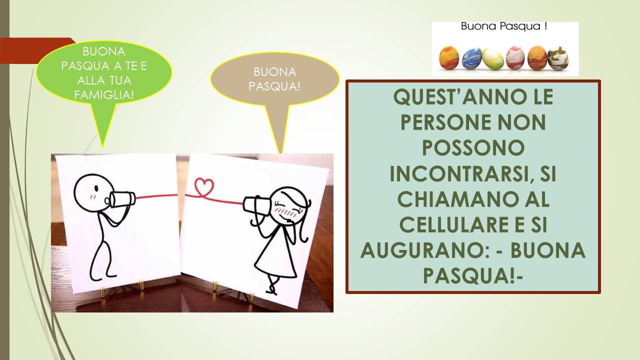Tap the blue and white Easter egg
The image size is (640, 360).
(x=471, y=58)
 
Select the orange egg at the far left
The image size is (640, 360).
(x=449, y=57)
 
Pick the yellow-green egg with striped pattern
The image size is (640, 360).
(x=493, y=59)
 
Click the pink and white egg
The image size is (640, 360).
(x=515, y=57)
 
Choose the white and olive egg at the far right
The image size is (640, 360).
(x=557, y=58)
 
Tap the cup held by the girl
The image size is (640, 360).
(x=256, y=205)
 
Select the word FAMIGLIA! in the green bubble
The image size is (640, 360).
(x=104, y=95)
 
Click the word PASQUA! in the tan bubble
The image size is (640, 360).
(x=274, y=86)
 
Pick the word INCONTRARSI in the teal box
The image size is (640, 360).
(x=459, y=173)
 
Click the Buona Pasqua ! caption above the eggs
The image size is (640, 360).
(x=504, y=26)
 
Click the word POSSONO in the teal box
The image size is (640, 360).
(x=473, y=148)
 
